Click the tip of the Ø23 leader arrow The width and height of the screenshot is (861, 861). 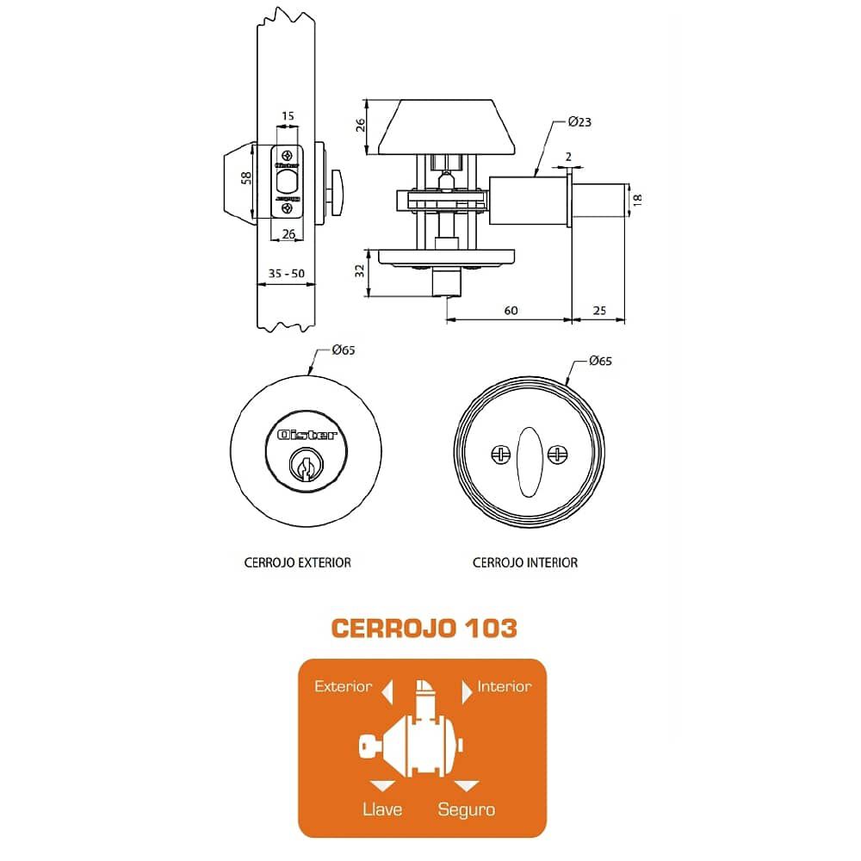pyautogui.click(x=536, y=177)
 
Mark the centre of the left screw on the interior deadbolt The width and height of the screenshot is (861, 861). pyautogui.click(x=500, y=455)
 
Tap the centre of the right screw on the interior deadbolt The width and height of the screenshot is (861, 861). pyautogui.click(x=558, y=455)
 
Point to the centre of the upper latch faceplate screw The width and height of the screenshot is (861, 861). pyautogui.click(x=288, y=155)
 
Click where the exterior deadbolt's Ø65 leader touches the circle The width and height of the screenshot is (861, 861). pyautogui.click(x=308, y=375)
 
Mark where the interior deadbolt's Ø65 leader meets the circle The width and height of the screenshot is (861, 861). pyautogui.click(x=567, y=383)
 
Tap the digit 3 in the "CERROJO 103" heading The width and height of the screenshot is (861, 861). pyautogui.click(x=507, y=629)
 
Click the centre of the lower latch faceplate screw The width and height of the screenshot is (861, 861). pyautogui.click(x=288, y=208)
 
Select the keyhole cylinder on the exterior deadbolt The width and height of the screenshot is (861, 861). pyautogui.click(x=306, y=465)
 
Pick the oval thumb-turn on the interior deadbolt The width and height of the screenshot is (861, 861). pyautogui.click(x=530, y=461)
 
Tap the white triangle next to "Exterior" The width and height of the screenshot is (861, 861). pyautogui.click(x=387, y=692)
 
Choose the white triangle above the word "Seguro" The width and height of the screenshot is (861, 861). pyautogui.click(x=467, y=786)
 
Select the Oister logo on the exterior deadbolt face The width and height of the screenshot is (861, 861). pyautogui.click(x=307, y=435)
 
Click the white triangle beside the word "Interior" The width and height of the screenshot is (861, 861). pyautogui.click(x=467, y=692)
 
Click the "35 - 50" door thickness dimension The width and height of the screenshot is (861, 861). pyautogui.click(x=286, y=274)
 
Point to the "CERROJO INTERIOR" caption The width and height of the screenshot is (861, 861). pyautogui.click(x=525, y=563)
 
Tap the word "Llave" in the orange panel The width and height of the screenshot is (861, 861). pyautogui.click(x=382, y=808)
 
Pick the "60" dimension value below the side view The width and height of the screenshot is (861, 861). pyautogui.click(x=511, y=311)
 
